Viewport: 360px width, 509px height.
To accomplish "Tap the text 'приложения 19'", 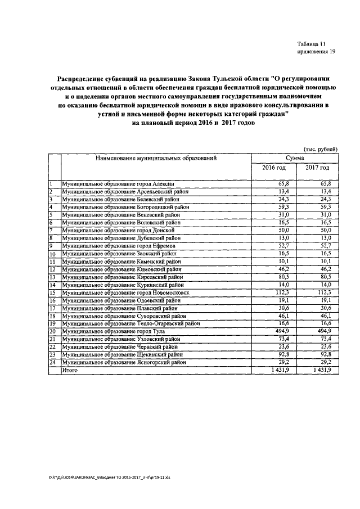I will tap(316, 52).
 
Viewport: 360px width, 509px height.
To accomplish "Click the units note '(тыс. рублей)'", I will tap(320, 148).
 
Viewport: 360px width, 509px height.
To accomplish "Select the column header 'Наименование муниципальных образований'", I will tap(156, 159).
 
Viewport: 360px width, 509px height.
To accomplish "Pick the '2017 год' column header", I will tap(317, 168).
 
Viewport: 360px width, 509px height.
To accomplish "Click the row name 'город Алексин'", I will tap(121, 184).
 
